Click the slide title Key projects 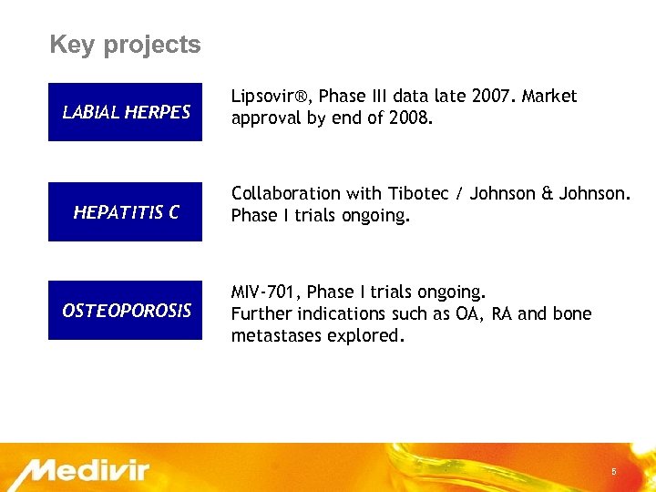[125, 45]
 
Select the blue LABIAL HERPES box [126, 112]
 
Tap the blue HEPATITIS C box [126, 211]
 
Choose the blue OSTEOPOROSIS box [126, 311]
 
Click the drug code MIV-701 [265, 292]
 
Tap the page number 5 [613, 472]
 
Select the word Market [549, 97]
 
